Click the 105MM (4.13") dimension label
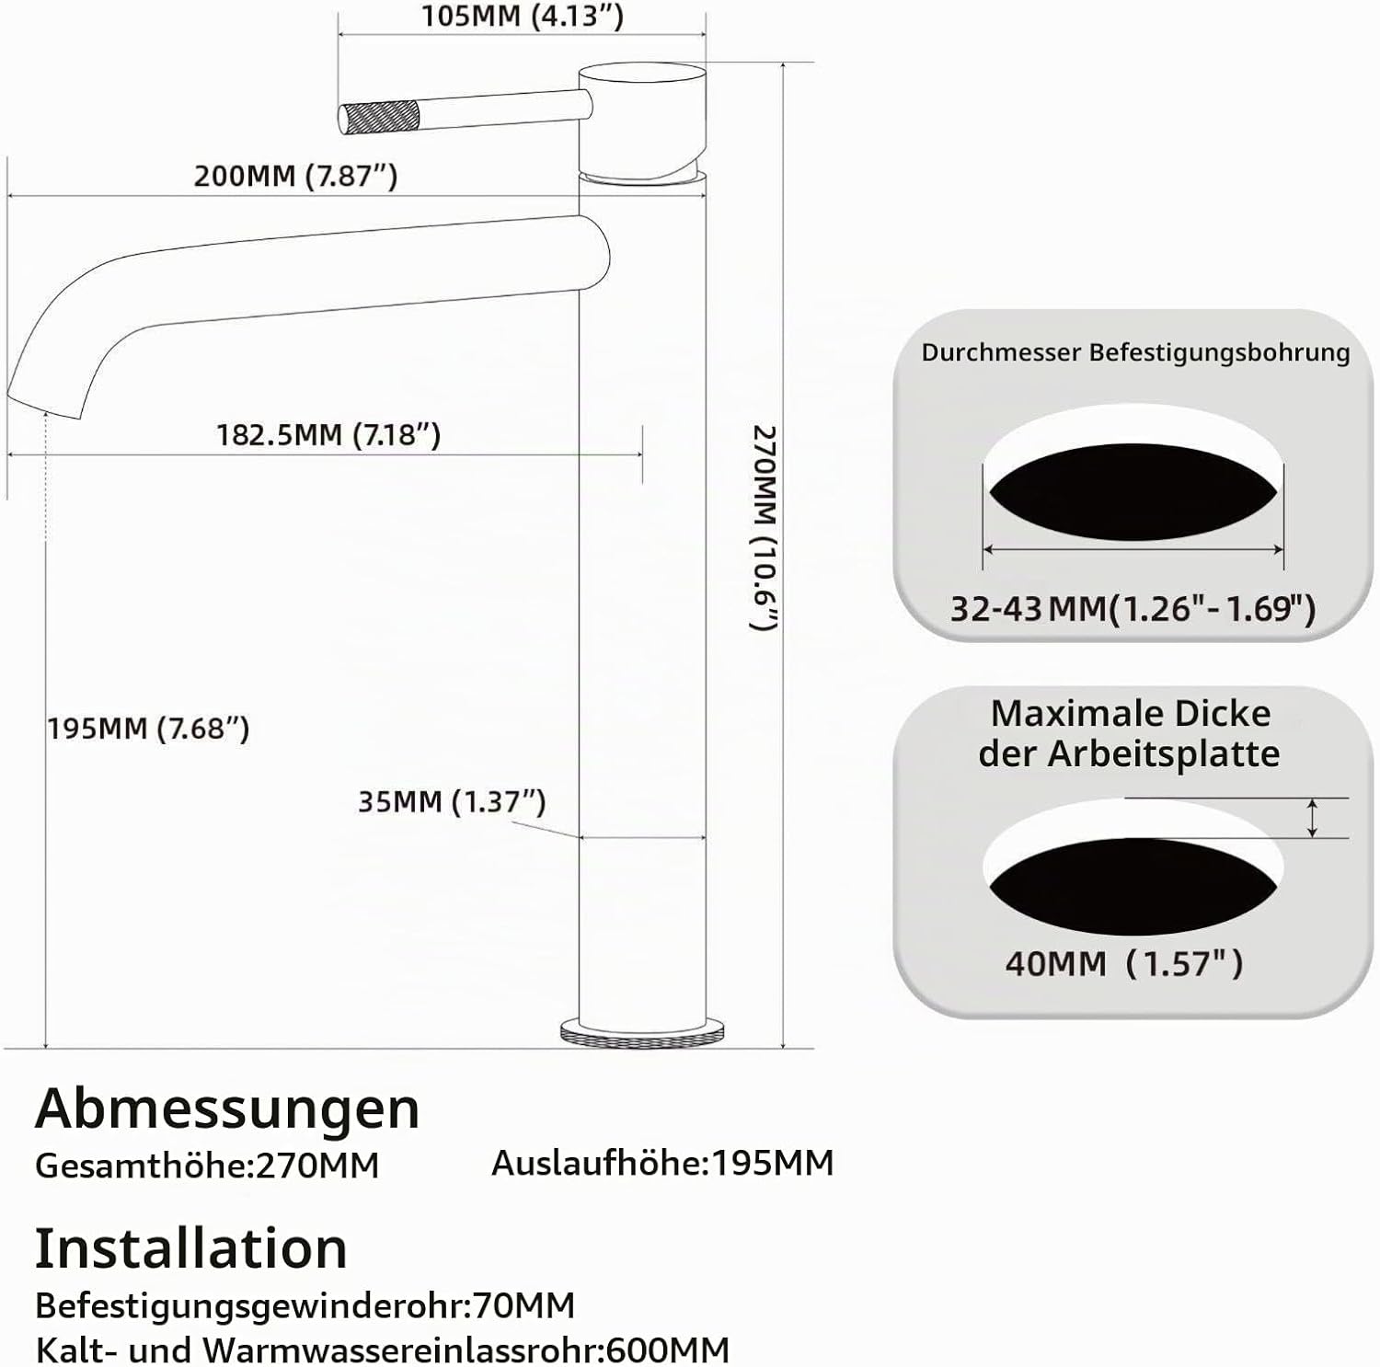[523, 17]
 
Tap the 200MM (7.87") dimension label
[295, 176]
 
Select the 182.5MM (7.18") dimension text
[328, 434]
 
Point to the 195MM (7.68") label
[149, 729]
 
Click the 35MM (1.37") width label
[452, 801]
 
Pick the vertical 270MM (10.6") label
[765, 528]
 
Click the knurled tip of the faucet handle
[379, 117]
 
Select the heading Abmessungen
[227, 1109]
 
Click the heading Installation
[191, 1248]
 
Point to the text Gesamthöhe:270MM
[207, 1165]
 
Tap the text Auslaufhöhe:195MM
[662, 1163]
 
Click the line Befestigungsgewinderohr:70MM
[305, 1304]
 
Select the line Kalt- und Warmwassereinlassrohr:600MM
[383, 1350]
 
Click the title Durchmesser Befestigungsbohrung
[1135, 352]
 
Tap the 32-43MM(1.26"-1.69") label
[1133, 608]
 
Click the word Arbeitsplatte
[1164, 754]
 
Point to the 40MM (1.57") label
[1123, 963]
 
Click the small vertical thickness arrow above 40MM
[1313, 818]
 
